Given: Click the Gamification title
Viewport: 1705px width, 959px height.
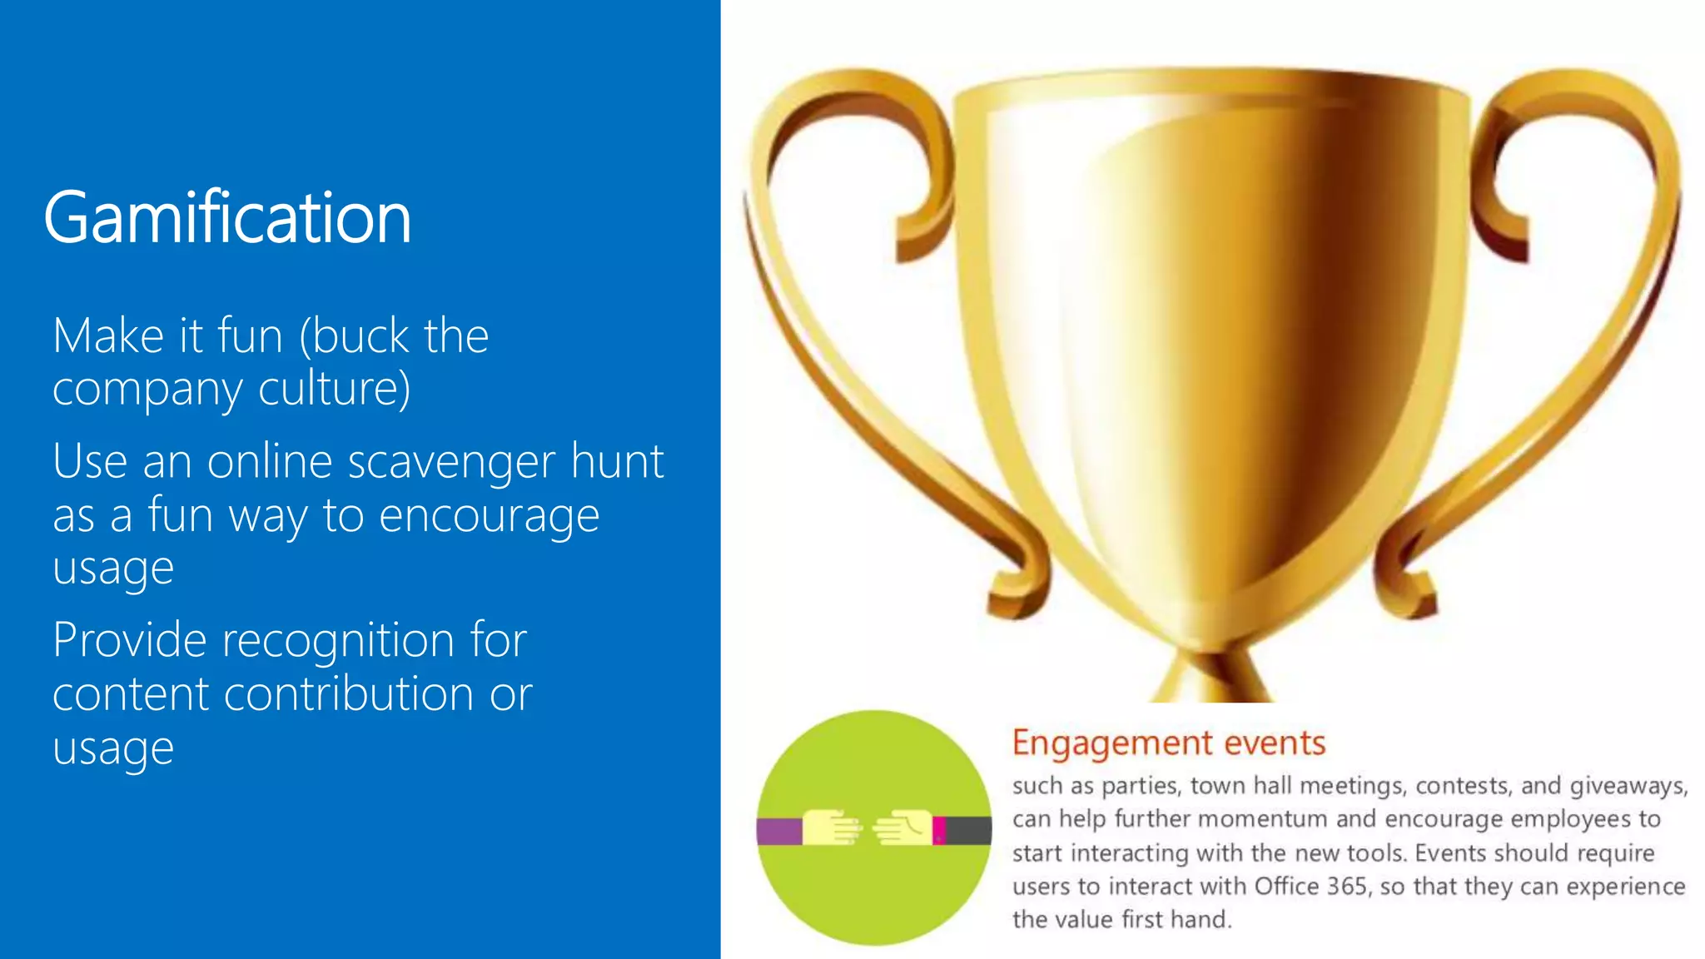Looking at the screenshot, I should (227, 217).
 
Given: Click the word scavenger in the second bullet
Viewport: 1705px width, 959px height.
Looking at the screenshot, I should (450, 463).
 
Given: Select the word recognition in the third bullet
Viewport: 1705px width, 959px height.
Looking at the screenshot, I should (338, 641).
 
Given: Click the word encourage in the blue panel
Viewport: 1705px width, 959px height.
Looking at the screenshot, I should (489, 516).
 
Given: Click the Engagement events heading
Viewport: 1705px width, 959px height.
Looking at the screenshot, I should (1168, 743).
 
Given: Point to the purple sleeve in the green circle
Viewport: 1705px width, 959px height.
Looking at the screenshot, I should (778, 831).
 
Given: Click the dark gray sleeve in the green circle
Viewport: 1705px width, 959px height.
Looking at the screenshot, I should (968, 831).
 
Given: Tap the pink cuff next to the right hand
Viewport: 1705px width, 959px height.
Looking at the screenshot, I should (939, 830).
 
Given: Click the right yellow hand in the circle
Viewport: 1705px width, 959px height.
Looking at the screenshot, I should (902, 827).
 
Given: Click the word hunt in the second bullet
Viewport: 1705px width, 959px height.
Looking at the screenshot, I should (617, 463).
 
